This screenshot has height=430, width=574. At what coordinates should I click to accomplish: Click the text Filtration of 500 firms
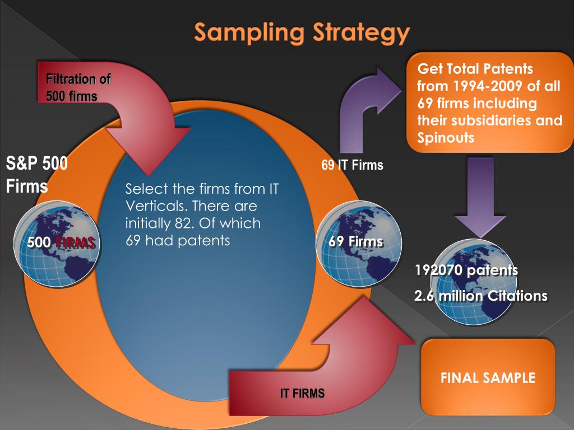point(78,88)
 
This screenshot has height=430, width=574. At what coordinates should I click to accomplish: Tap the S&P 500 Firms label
point(37,175)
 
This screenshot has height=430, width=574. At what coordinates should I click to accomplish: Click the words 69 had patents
point(178,241)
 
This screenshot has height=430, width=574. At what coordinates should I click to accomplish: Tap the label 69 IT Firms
point(352,165)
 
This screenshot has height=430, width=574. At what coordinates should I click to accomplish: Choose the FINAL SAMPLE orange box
point(488,377)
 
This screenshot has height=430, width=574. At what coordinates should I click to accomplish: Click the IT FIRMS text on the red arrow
point(302,394)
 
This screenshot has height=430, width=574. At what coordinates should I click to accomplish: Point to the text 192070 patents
point(466,270)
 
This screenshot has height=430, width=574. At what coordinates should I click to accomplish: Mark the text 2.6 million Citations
point(480,296)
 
